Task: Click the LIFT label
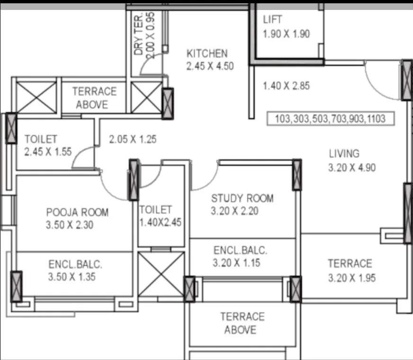tap(272, 19)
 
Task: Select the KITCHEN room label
tap(207, 54)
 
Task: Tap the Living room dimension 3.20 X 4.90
tap(352, 168)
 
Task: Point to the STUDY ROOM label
tap(242, 198)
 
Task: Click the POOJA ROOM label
tap(78, 212)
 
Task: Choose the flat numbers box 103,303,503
tap(331, 119)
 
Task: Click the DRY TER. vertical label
tap(139, 34)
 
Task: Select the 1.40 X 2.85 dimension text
tap(287, 86)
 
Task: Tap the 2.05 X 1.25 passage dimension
tap(133, 139)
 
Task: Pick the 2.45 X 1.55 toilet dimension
tap(48, 152)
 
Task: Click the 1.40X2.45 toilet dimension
tap(161, 223)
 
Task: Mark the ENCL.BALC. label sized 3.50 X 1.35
tap(75, 264)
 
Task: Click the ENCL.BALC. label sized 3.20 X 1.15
tap(240, 251)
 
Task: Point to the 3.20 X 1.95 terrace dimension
tap(352, 278)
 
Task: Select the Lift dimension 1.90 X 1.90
tap(287, 34)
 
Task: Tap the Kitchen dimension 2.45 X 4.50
tap(210, 66)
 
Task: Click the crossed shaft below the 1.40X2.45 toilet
tap(161, 274)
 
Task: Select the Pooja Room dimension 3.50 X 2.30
tap(70, 225)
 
